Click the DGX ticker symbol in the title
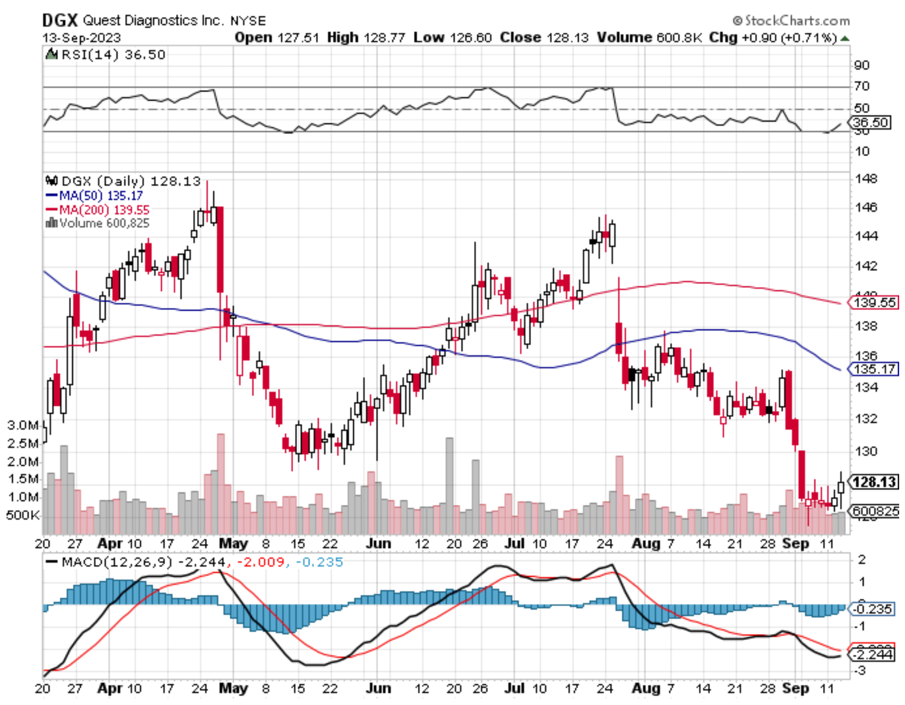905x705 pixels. pos(60,20)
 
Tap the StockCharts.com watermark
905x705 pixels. pos(791,21)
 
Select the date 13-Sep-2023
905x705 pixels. pos(81,38)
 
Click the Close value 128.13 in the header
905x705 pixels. pos(567,38)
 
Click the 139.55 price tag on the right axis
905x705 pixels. pos(874,303)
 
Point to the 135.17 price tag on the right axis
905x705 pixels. pos(874,369)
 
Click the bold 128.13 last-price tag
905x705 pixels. pos(874,482)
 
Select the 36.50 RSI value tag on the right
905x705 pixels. pos(871,122)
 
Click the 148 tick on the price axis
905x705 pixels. pos(865,179)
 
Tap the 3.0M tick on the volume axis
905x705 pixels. pos(22,425)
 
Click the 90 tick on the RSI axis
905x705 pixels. pos(862,65)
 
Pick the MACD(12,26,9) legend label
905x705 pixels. pos(117,562)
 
